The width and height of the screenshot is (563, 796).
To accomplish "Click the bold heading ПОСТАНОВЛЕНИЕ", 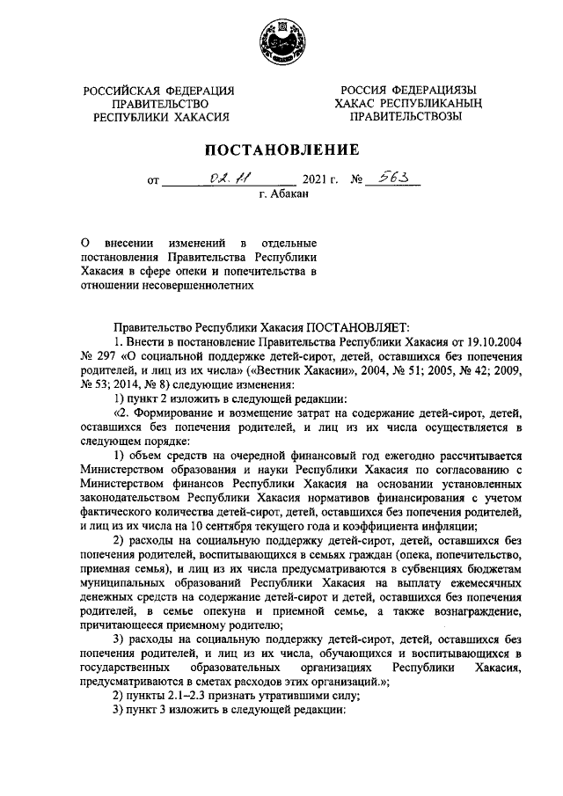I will pos(281,150).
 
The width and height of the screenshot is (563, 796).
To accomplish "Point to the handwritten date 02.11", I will pos(215,179).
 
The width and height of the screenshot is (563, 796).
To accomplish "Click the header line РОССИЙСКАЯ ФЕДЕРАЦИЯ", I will pos(158,91).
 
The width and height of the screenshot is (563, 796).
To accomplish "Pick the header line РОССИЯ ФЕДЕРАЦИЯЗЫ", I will pos(410,91).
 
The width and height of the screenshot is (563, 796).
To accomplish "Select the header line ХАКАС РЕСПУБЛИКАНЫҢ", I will pos(409,104).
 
